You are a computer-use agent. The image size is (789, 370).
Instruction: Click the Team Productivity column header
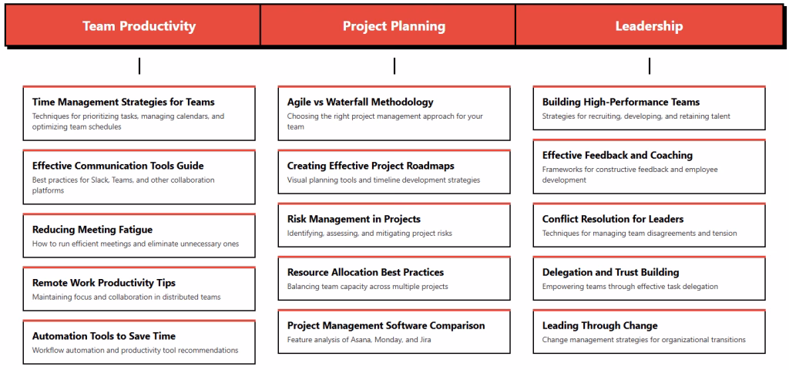[139, 26]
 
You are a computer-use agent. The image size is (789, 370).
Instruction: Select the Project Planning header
[394, 26]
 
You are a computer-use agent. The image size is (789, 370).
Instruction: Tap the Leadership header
[649, 26]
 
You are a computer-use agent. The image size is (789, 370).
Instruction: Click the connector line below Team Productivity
[139, 66]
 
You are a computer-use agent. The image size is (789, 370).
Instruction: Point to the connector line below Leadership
[650, 66]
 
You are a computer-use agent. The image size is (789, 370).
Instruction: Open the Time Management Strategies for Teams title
[123, 102]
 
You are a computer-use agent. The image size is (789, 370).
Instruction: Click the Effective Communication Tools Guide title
[118, 166]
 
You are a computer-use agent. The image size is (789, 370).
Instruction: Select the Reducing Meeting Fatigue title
[92, 230]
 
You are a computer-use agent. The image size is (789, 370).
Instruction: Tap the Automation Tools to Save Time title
[104, 336]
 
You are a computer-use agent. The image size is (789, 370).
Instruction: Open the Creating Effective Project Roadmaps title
[371, 166]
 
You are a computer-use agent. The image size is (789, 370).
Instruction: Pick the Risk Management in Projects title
[354, 219]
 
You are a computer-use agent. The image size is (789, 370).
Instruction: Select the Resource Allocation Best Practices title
[365, 272]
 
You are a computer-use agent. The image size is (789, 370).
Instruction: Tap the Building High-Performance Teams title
[621, 102]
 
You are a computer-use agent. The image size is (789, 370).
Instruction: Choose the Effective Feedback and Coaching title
[617, 155]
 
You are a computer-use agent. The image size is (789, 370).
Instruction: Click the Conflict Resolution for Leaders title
[613, 219]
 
